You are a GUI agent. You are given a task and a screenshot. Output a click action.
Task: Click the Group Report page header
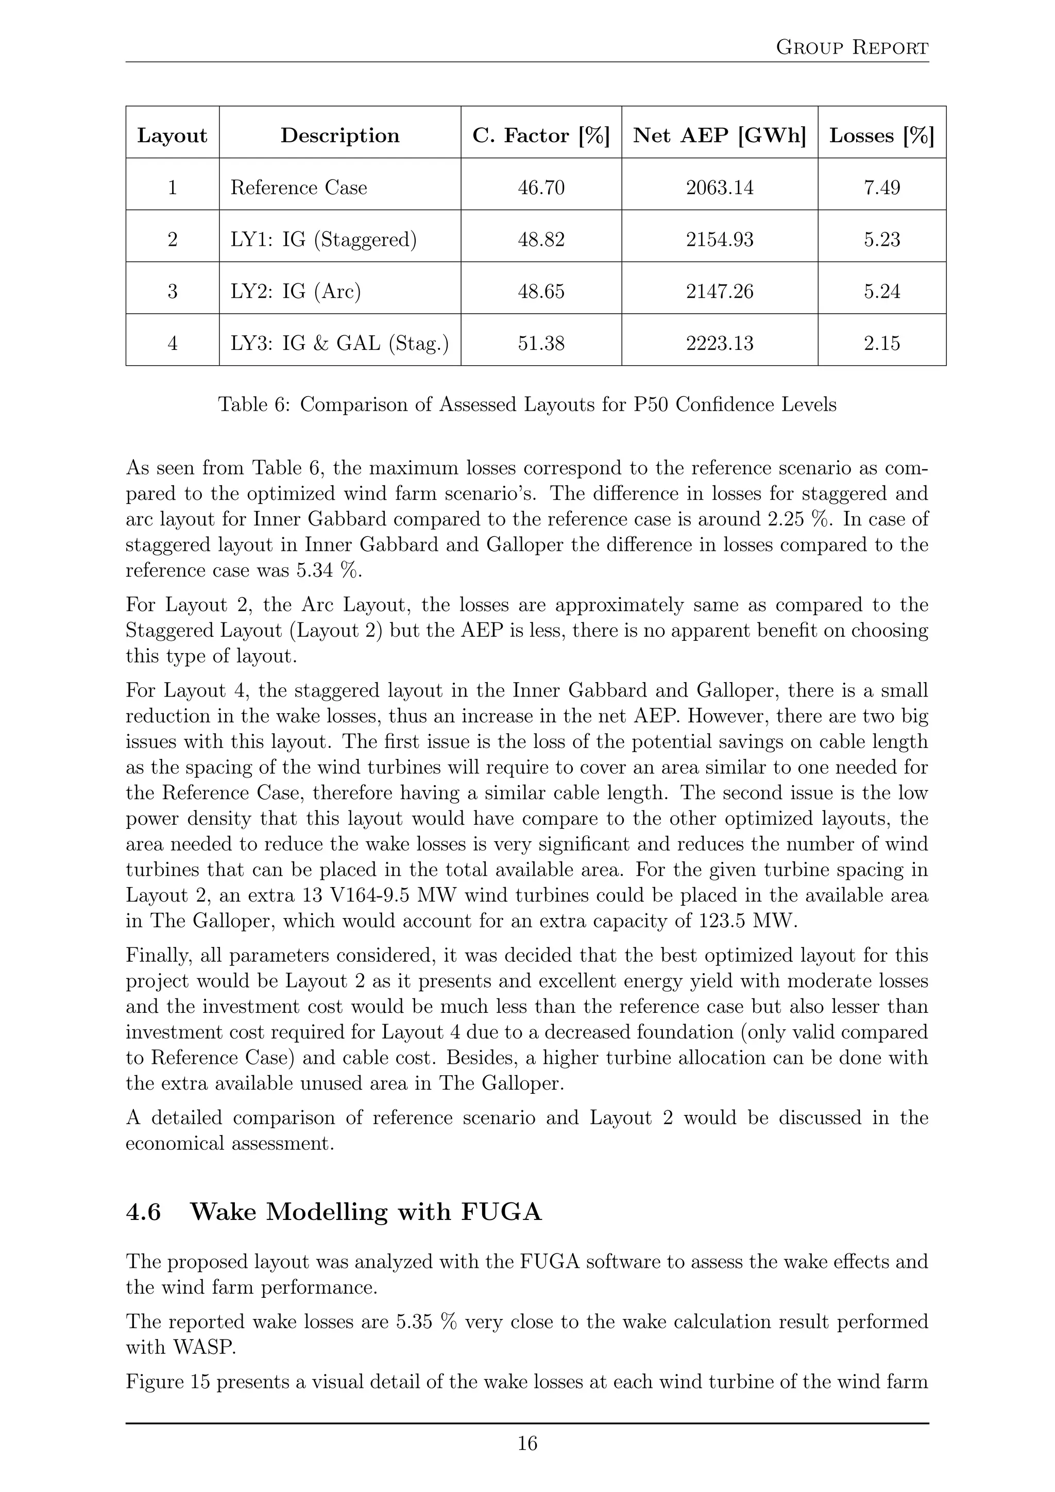click(852, 47)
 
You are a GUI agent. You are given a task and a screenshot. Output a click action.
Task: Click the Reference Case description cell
click(299, 188)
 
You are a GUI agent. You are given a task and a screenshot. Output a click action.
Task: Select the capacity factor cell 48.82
click(540, 240)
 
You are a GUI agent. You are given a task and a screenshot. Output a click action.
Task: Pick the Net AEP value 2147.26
click(719, 291)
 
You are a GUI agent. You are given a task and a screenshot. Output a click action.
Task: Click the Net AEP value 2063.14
click(719, 188)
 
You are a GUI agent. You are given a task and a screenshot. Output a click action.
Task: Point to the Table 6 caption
click(527, 405)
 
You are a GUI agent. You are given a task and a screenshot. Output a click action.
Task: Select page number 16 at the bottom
click(527, 1443)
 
